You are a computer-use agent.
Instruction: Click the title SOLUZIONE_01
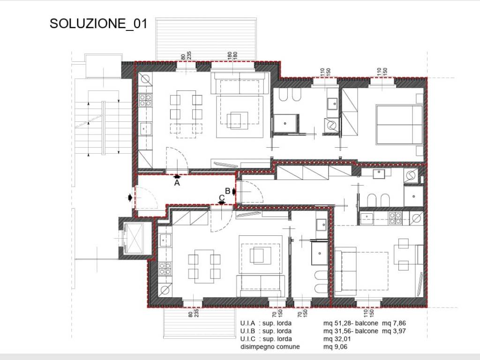(x=98, y=23)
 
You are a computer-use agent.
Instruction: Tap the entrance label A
(x=177, y=183)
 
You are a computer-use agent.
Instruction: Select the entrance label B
(x=227, y=191)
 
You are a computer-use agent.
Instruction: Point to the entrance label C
(x=222, y=198)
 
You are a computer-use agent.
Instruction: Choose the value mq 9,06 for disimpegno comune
(x=335, y=347)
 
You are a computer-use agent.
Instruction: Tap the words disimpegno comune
(x=270, y=347)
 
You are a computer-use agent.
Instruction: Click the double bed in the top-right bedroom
(x=399, y=125)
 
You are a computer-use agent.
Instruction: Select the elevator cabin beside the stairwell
(x=134, y=239)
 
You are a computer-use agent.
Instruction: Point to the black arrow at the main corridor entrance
(x=130, y=198)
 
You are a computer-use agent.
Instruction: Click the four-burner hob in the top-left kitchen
(x=145, y=100)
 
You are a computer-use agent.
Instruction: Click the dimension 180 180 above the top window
(x=232, y=55)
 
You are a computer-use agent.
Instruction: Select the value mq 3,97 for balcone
(x=394, y=331)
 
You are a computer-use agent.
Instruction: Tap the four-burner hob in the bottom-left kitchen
(x=165, y=269)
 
